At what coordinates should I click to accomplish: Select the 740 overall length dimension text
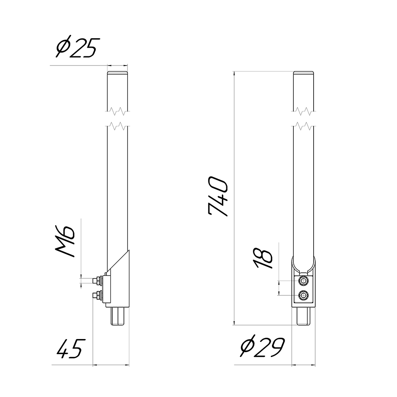point(218,197)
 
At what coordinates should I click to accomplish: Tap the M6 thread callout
point(65,241)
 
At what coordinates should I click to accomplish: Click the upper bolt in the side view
point(96,281)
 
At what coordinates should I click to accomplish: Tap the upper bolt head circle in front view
point(304,281)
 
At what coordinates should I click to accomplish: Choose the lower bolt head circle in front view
point(304,295)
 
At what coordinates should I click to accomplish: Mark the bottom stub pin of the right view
point(304,316)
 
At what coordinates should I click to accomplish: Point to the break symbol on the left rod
point(118,118)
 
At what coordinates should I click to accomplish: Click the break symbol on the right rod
point(304,118)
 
